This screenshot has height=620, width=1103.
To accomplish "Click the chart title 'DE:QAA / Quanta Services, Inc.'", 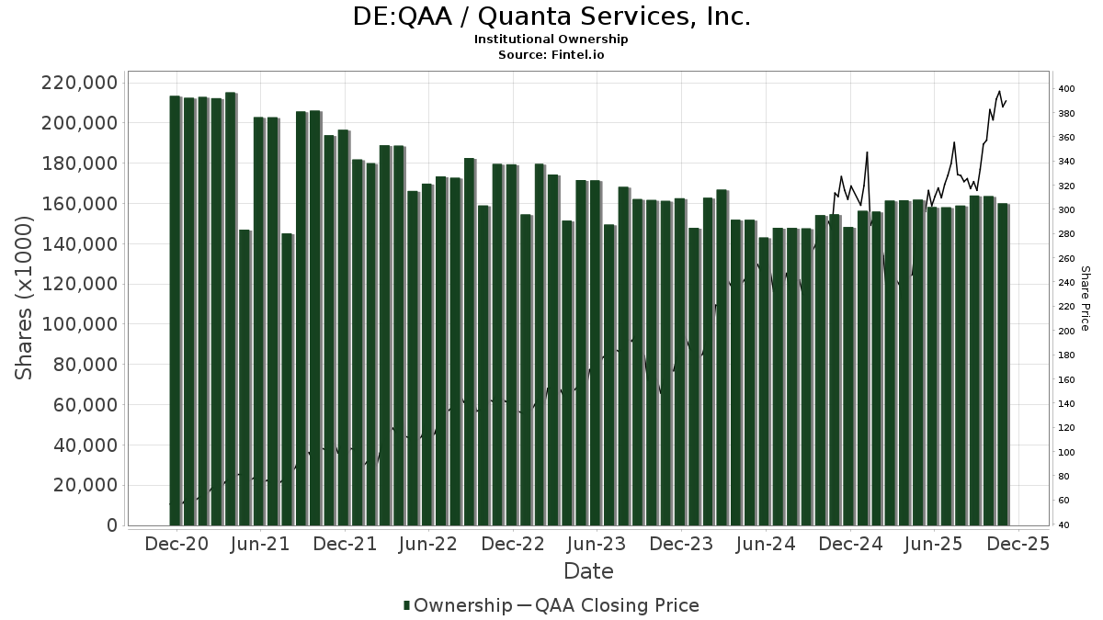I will coord(551,17).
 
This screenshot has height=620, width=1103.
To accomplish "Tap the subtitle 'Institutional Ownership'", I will coord(551,39).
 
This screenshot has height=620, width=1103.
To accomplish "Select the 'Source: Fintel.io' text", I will coord(551,55).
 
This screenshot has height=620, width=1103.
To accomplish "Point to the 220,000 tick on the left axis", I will coord(80,83).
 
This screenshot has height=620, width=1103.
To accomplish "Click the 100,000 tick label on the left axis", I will coord(80,324).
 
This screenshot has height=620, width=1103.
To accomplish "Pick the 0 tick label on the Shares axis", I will coord(112,525).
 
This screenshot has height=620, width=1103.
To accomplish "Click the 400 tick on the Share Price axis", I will coord(1066,89).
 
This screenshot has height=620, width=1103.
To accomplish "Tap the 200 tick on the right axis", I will coord(1066,332).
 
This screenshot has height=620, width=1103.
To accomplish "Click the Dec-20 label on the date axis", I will coord(177,544).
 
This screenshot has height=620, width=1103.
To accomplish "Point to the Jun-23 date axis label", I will coord(597,544).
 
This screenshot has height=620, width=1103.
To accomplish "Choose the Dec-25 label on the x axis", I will coord(1018,544).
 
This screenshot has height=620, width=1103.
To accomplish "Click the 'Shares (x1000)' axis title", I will coord(25,298).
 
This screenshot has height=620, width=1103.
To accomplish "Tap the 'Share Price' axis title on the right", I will coord(1085,299).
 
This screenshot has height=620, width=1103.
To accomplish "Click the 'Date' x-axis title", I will coord(588,571).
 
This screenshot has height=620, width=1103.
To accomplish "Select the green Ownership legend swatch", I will coord(407,605).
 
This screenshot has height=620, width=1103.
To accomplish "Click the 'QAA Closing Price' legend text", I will coord(617,605).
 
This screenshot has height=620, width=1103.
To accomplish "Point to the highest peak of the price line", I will coord(999,91).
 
